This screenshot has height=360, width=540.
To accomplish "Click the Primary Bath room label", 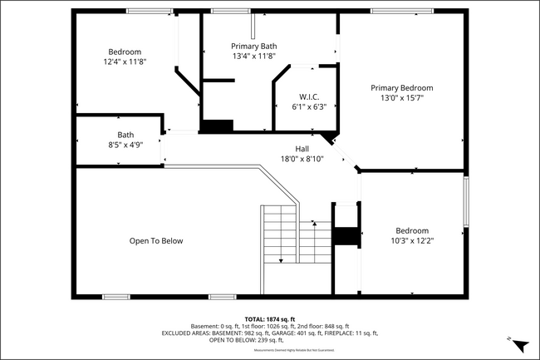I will coord(254,46).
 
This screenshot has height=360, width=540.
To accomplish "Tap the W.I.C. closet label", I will coord(304,96).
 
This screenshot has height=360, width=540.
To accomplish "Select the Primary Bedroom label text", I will coord(401,87).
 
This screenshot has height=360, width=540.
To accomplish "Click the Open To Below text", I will coord(155,241).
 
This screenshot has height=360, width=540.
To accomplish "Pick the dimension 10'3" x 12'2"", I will coord(412,240).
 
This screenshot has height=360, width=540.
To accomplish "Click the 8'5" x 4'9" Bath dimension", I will coord(125,145).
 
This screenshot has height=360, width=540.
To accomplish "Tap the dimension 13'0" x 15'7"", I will coord(401,98).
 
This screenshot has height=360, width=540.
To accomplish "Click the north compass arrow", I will coord(519,344).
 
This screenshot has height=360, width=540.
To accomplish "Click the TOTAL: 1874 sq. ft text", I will coord(270,319).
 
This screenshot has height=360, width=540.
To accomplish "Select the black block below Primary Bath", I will coord(218,126).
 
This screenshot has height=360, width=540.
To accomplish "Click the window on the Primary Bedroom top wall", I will coord(401,11).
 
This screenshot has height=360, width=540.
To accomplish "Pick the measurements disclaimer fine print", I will coord(270,351).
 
